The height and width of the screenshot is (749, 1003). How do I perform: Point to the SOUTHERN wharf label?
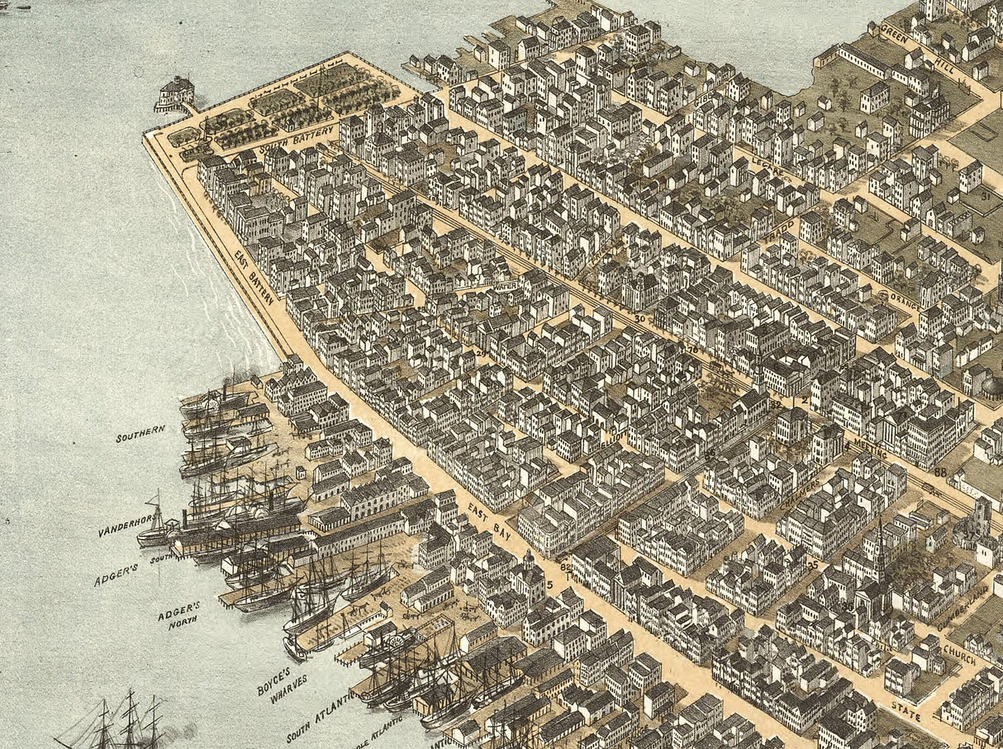click(x=140, y=432)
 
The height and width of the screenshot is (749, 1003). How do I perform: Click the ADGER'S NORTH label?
click(x=178, y=619)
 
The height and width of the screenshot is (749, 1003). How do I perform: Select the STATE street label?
click(x=906, y=711)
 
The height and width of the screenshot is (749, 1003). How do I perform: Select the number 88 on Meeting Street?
click(x=940, y=472)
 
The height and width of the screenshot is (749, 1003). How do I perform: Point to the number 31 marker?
click(x=985, y=196)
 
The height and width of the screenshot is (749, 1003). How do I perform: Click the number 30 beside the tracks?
click(x=639, y=318)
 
